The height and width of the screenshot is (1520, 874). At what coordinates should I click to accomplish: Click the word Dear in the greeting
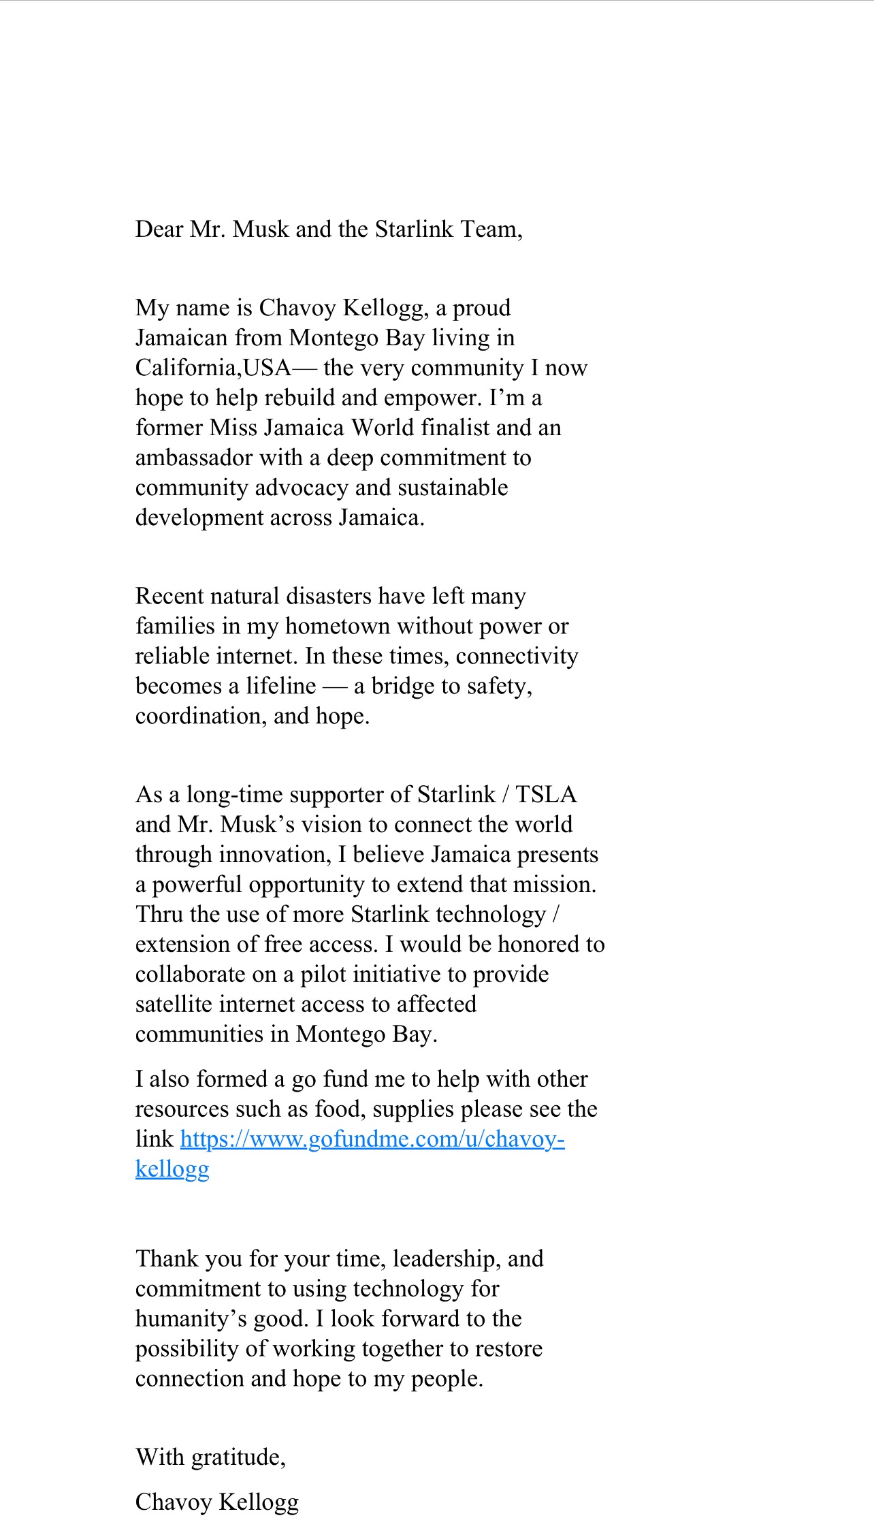tap(159, 229)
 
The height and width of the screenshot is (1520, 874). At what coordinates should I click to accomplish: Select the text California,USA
tap(213, 368)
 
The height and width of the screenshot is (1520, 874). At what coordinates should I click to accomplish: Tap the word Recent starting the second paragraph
tap(174, 596)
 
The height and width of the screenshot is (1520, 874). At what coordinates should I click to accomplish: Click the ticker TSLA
tap(545, 795)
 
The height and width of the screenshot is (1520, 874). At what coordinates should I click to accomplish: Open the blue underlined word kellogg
tap(172, 1169)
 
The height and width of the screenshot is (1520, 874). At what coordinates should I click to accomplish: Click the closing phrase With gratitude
tap(210, 1457)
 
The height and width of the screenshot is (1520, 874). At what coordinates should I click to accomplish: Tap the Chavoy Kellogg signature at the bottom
tap(217, 1502)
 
